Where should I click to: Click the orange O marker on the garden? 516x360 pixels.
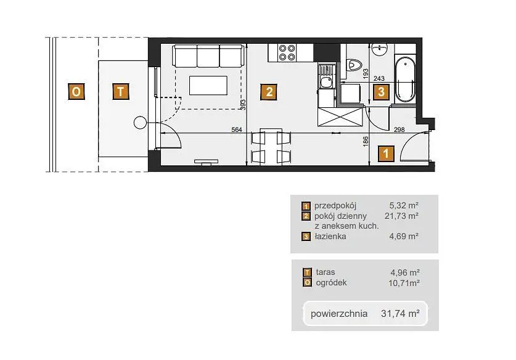click(x=76, y=91)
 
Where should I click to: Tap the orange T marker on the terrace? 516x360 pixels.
click(x=121, y=91)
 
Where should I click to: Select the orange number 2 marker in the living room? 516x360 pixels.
click(x=269, y=92)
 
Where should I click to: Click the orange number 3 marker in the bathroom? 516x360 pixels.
click(x=381, y=91)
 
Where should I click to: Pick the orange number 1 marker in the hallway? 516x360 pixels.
click(x=386, y=153)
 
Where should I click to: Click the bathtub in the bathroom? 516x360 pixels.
click(x=405, y=80)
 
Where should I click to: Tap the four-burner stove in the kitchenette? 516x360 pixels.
click(x=287, y=52)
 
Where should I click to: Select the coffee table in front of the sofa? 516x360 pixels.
click(x=208, y=86)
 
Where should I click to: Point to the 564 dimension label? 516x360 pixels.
click(x=237, y=129)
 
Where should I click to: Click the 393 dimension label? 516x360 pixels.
click(x=243, y=105)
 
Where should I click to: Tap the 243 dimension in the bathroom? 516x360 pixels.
click(x=379, y=78)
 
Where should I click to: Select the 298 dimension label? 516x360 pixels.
click(x=399, y=129)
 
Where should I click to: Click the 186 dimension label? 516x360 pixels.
click(x=366, y=142)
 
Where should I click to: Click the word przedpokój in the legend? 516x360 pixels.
click(x=335, y=206)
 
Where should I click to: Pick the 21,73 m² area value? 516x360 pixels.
click(x=401, y=216)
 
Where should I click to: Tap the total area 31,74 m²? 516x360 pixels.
click(x=400, y=313)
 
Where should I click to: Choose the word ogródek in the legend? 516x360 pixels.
click(x=332, y=283)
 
